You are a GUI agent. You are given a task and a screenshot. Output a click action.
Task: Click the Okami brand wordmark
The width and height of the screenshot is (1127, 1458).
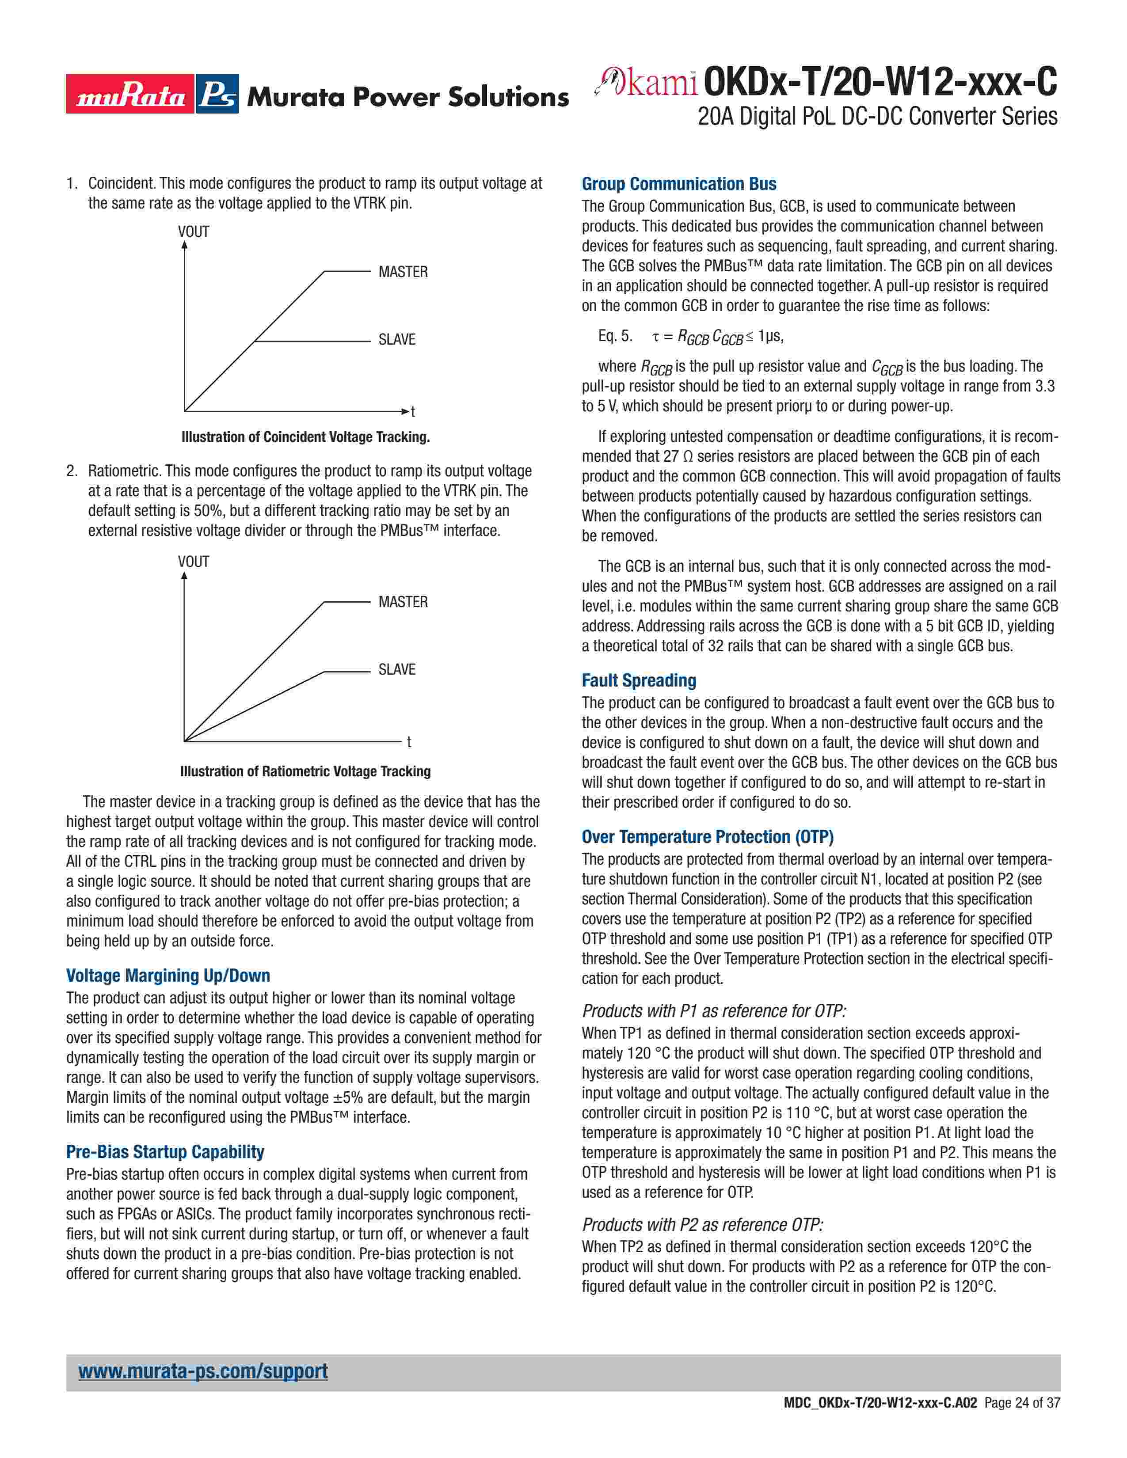646,83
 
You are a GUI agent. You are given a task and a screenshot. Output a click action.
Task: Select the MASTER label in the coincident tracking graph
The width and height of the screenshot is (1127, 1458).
403,272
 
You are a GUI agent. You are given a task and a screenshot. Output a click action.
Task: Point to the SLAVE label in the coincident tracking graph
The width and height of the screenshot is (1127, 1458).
396,339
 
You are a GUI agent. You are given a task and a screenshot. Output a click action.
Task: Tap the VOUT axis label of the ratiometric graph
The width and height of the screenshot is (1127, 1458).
194,562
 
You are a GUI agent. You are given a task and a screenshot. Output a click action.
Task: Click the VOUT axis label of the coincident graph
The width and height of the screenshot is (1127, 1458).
194,232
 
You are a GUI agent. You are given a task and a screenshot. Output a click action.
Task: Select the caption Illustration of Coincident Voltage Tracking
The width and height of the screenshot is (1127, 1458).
305,437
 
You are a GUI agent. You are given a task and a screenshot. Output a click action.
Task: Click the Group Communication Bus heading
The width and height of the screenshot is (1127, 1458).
678,184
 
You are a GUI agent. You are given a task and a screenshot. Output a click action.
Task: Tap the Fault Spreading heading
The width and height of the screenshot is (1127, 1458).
638,680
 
